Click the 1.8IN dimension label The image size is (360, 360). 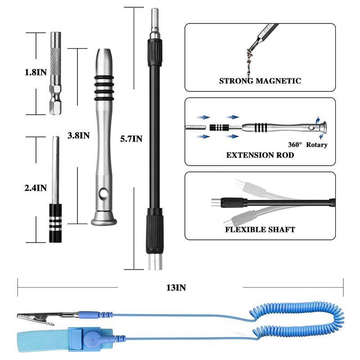tap(35, 72)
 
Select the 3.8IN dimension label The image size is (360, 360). tap(78, 135)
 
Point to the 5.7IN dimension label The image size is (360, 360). tap(131, 139)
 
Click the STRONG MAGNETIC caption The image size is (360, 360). tap(260, 81)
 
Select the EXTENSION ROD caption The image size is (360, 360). tap(260, 155)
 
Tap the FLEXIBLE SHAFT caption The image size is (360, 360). tap(260, 229)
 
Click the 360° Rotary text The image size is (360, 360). tap(308, 145)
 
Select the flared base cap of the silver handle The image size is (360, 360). tap(104, 220)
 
